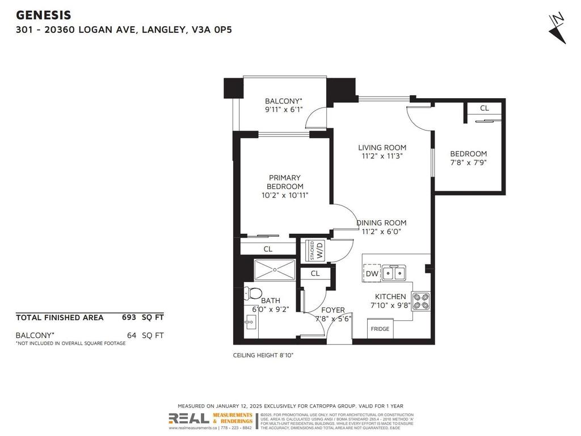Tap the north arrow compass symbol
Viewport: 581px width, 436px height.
557,27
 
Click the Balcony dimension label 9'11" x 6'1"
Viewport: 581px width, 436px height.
284,111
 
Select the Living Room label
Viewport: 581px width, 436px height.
382,148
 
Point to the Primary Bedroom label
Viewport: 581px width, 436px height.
285,182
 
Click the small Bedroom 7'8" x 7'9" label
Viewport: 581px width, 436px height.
468,158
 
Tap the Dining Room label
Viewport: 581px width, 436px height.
381,223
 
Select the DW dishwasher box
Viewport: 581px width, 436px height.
372,274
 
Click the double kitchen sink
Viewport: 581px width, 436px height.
394,274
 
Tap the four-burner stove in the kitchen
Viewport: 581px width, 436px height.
420,301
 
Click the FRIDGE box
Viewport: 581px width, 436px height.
380,329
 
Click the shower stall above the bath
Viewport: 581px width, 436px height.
275,270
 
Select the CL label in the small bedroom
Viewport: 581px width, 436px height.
484,108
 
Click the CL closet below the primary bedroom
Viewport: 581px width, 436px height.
268,249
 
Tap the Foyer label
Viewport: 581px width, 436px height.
333,310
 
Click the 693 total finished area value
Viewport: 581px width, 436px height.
129,317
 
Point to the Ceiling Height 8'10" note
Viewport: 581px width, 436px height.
263,355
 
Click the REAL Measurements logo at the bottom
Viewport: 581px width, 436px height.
211,420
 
